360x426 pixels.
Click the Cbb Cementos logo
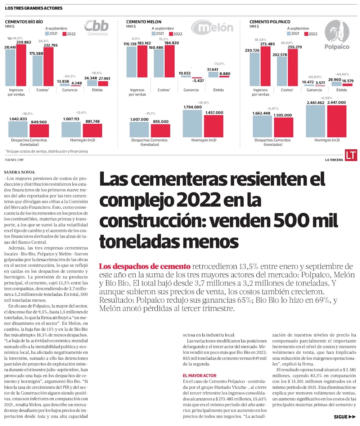pyautogui.click(x=96, y=27)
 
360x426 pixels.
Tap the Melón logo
pyautogui.click(x=212, y=28)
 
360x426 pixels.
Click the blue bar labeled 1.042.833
pyautogui.click(x=18, y=129)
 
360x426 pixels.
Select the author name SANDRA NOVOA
pyautogui.click(x=19, y=172)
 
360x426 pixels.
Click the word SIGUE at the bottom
pyautogui.click(x=341, y=417)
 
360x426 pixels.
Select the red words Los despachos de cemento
pyautogui.click(x=145, y=267)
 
